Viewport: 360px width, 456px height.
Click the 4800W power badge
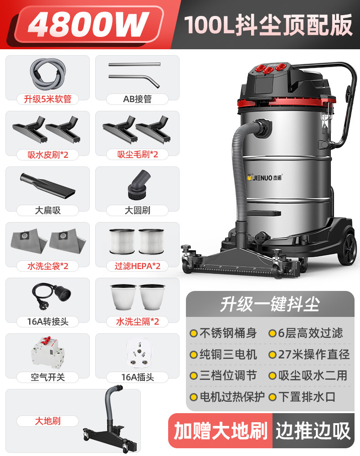tap(88, 25)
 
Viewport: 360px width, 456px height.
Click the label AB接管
tap(137, 99)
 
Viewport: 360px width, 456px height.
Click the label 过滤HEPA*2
tap(137, 266)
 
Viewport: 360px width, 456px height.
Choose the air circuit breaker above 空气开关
tap(48, 352)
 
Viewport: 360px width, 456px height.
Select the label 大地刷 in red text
tap(48, 421)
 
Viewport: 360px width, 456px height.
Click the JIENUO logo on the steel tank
tap(264, 177)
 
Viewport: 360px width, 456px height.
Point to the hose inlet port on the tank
tap(263, 127)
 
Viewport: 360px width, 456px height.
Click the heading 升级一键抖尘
tap(270, 304)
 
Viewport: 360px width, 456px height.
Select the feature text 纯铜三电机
tap(228, 354)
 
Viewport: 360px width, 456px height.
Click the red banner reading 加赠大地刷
tap(221, 431)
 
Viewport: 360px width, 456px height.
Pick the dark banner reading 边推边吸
tap(313, 431)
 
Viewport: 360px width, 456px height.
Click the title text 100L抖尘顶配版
tap(268, 25)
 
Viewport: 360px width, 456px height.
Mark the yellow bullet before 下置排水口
tap(272, 397)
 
